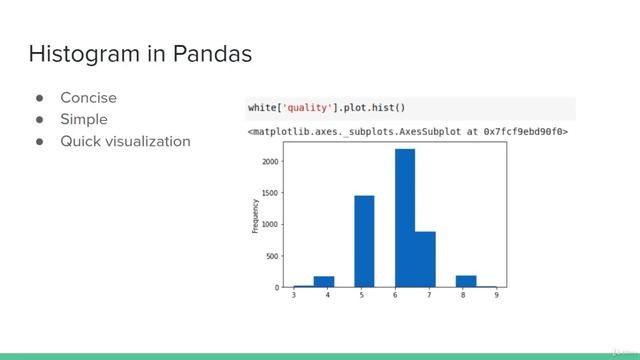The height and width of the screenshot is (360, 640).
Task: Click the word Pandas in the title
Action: [204, 53]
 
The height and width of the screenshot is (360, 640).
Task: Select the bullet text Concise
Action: [88, 98]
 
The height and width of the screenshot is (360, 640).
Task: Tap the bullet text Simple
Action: [83, 119]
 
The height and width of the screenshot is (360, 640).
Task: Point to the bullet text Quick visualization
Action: [125, 141]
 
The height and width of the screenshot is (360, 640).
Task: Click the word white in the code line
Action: [265, 107]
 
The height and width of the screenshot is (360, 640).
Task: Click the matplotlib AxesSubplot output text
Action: [407, 131]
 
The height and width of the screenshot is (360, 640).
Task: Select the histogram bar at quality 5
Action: [364, 241]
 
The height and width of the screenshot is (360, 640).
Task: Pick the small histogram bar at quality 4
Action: [323, 282]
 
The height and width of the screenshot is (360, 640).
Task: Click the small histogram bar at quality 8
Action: [466, 281]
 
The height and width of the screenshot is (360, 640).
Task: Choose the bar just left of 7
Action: [425, 259]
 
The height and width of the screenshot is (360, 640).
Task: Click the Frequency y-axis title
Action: [255, 216]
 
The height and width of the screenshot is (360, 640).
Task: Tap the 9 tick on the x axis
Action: [496, 295]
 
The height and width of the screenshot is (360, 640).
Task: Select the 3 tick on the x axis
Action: [293, 295]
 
